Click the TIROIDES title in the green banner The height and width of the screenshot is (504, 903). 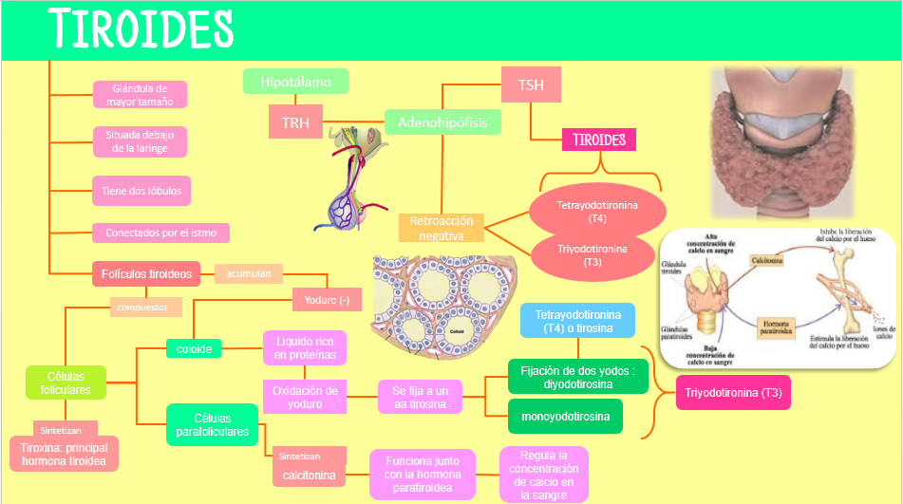(x=141, y=29)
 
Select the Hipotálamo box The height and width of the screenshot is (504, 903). (x=295, y=82)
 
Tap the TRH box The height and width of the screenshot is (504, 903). (x=295, y=121)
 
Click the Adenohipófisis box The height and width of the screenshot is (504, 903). (x=442, y=122)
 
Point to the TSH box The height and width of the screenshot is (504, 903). (x=531, y=85)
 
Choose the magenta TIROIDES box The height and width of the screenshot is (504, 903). (x=599, y=140)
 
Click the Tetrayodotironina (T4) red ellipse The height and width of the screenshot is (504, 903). (x=597, y=212)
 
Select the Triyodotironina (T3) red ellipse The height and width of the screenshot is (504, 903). (x=593, y=255)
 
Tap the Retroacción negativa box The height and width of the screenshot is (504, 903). (x=441, y=228)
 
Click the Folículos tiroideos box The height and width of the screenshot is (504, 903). (x=146, y=274)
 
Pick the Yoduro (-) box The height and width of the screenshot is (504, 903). (x=327, y=300)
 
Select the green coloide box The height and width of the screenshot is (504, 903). (x=194, y=349)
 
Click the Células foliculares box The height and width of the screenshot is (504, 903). (x=66, y=383)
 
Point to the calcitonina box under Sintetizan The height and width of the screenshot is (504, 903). (x=309, y=475)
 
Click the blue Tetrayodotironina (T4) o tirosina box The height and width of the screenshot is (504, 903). (x=577, y=322)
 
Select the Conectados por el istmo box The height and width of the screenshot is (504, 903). (x=160, y=233)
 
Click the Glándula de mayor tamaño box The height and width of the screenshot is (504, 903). (x=140, y=95)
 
